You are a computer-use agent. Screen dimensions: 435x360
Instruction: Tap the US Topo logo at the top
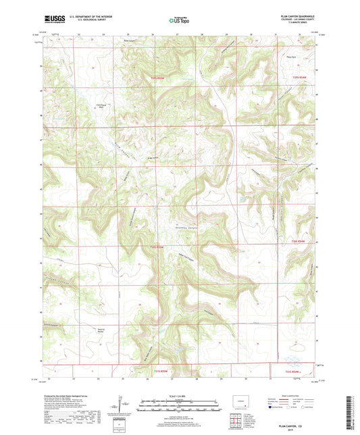coord(179,21)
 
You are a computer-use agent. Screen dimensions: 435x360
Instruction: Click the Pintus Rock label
coord(292,59)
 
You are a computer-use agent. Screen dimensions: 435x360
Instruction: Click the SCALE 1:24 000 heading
coord(179,395)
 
